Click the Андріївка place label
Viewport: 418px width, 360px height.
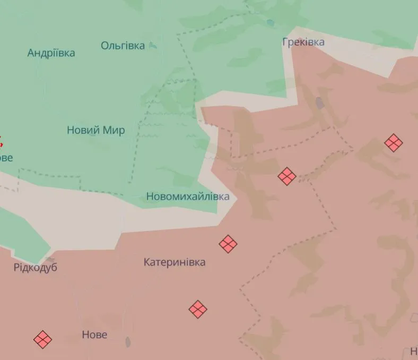coord(51,53)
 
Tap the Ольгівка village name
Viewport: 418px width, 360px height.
coord(123,46)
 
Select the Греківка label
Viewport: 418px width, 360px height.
coord(303,42)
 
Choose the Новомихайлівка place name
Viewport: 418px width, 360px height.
coord(188,196)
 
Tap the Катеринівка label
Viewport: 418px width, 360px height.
coord(175,262)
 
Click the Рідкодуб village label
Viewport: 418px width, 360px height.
coord(36,267)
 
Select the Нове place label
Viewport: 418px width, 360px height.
coord(94,335)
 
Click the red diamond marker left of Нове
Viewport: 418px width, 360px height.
coord(42,339)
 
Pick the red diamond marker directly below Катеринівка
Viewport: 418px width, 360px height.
coord(198,309)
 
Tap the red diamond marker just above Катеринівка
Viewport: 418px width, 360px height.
coord(228,244)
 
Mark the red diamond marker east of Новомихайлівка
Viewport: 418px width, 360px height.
coord(286,176)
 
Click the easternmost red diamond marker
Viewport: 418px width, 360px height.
coord(393,143)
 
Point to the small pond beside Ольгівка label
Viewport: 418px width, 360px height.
coord(153,46)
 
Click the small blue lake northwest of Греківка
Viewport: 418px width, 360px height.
coord(271,23)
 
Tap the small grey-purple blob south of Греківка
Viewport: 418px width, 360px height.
coord(320,102)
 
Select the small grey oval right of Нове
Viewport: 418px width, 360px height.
coord(128,341)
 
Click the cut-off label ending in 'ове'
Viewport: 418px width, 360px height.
coord(6,158)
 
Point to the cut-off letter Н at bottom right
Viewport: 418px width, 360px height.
coord(414,351)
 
